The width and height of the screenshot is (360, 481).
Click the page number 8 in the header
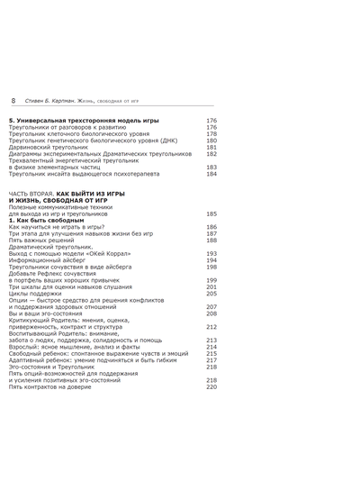12,100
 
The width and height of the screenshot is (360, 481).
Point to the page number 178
211,134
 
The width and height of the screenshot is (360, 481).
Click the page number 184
211,174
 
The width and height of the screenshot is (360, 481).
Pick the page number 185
211,213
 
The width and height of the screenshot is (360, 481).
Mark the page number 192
211,253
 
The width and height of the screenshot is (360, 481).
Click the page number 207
211,306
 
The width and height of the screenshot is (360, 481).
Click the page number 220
211,386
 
